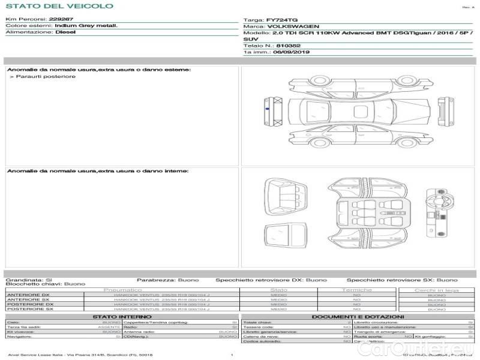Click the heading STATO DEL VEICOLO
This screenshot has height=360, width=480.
click(x=59, y=6)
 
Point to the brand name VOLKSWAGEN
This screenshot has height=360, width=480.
click(x=293, y=27)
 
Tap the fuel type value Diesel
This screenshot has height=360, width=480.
click(x=65, y=32)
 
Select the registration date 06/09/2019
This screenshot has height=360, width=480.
click(x=291, y=52)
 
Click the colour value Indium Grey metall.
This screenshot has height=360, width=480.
click(x=86, y=26)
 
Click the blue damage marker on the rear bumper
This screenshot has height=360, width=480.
click(x=266, y=109)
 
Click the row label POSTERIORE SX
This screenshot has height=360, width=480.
click(x=28, y=309)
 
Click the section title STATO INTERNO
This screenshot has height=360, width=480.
click(x=118, y=317)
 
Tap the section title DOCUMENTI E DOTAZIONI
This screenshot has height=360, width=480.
click(x=358, y=317)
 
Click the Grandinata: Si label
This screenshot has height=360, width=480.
click(x=29, y=280)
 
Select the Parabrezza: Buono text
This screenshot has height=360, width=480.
click(x=163, y=280)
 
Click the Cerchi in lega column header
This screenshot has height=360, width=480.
click(x=436, y=290)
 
